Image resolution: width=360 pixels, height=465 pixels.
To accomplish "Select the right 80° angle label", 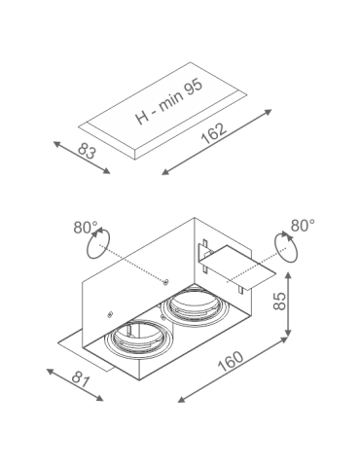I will coord(302,226).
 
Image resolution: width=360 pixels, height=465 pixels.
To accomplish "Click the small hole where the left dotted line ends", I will coord(167,282).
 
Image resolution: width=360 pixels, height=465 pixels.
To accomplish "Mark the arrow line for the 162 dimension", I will coord(216,143).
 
